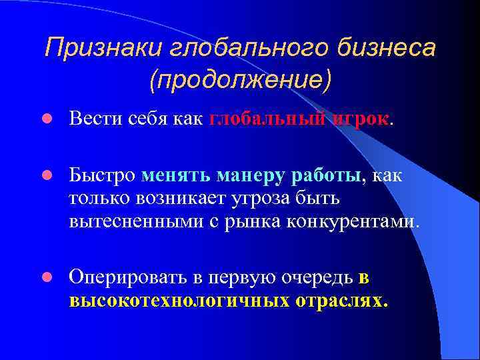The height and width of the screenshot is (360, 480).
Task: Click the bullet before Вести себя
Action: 47,119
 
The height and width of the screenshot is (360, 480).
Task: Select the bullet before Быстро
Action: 47,175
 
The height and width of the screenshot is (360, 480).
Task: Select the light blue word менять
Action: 177,175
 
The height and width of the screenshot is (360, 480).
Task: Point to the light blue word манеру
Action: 253,175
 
